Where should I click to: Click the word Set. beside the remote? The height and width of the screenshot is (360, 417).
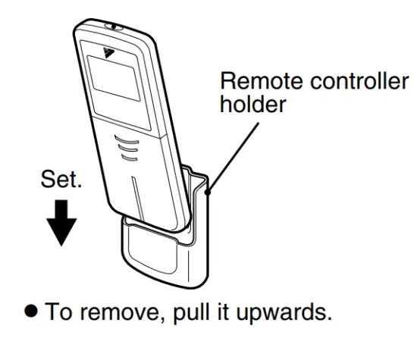pyautogui.click(x=61, y=179)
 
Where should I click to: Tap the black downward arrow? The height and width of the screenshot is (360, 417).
pyautogui.click(x=61, y=223)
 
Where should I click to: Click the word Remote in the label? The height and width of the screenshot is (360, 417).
pyautogui.click(x=262, y=80)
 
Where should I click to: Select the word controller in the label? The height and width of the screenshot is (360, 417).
pyautogui.click(x=359, y=80)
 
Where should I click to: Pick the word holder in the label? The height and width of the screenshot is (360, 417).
pyautogui.click(x=253, y=104)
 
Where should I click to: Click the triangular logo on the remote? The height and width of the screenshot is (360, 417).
pyautogui.click(x=108, y=52)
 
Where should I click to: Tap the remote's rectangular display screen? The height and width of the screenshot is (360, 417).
pyautogui.click(x=114, y=78)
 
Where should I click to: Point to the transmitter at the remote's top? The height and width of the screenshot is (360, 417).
pyautogui.click(x=114, y=27)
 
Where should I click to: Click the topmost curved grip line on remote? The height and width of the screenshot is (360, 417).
pyautogui.click(x=127, y=139)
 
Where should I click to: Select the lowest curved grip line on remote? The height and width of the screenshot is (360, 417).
pyautogui.click(x=130, y=158)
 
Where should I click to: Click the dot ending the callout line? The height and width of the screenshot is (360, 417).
pyautogui.click(x=208, y=192)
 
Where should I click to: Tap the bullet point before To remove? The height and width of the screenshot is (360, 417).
pyautogui.click(x=31, y=311)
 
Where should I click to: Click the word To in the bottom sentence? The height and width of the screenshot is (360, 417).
pyautogui.click(x=59, y=311)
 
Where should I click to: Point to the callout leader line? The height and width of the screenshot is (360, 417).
pyautogui.click(x=234, y=157)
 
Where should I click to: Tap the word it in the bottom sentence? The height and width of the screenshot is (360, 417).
pyautogui.click(x=223, y=311)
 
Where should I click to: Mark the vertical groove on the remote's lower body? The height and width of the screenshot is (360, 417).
pyautogui.click(x=138, y=199)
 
